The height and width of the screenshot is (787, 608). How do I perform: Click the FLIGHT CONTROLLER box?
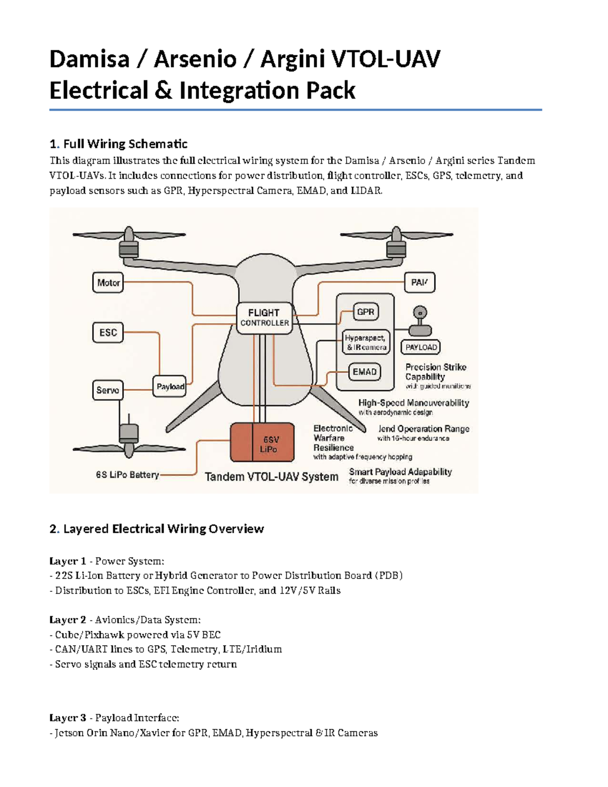point(264,318)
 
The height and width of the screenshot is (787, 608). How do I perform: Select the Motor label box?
point(108,283)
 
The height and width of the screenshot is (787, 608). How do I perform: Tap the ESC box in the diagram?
point(108,333)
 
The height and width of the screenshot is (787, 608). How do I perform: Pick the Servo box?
point(107,390)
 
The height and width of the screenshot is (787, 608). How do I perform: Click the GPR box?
point(365,312)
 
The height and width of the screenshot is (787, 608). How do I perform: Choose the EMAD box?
point(364,372)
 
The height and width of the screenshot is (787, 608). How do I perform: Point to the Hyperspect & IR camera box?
point(366,343)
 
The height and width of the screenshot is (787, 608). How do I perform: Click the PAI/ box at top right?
point(420,283)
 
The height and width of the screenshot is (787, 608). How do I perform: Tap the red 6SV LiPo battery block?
point(262,442)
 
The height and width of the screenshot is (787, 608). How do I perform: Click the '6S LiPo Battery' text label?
point(127,475)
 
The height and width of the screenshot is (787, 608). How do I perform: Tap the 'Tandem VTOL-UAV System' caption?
point(271,477)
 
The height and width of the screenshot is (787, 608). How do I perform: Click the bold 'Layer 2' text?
point(67,620)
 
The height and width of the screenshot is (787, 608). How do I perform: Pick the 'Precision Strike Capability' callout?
point(436,372)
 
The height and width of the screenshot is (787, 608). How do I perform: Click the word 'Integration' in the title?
point(239,91)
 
